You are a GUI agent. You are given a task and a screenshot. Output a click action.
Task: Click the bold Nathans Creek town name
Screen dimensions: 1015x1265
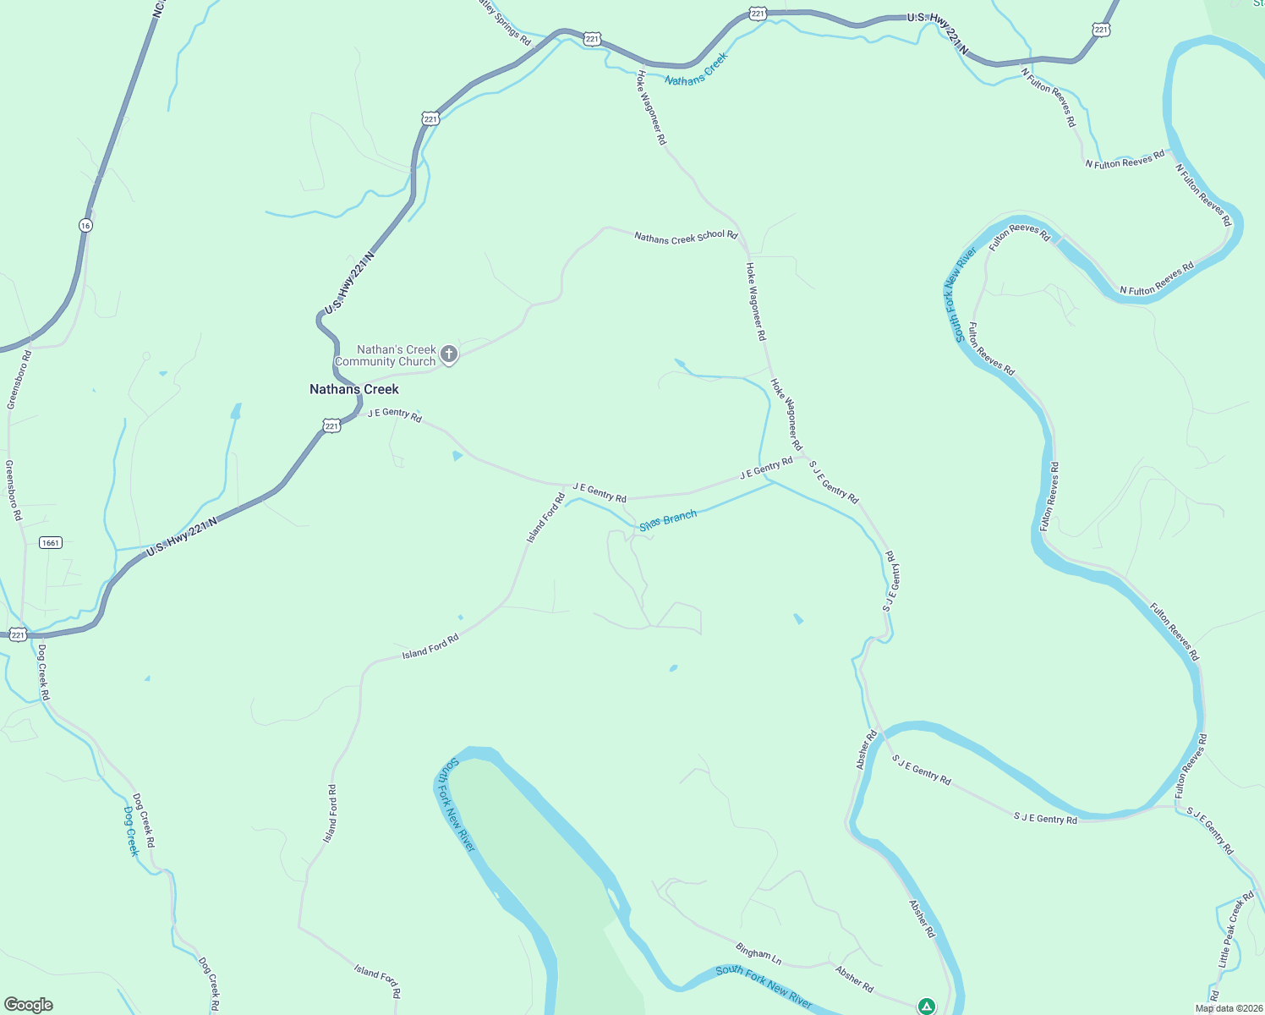[x=353, y=389]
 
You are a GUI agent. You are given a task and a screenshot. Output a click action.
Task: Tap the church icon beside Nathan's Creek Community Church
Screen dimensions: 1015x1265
[x=449, y=354]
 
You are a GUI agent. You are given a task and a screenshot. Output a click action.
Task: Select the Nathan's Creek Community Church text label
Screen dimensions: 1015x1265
[x=386, y=355]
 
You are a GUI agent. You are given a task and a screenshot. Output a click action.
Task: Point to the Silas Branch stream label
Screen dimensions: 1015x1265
[x=668, y=520]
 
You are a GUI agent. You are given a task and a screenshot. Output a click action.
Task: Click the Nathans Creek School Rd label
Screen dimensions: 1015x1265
[x=686, y=237]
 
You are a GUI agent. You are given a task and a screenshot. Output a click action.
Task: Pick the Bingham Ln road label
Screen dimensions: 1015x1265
[x=758, y=954]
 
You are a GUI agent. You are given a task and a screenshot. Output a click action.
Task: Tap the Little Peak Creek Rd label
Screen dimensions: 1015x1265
[x=1235, y=930]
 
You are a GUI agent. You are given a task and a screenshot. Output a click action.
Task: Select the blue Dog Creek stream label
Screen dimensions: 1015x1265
[x=131, y=831]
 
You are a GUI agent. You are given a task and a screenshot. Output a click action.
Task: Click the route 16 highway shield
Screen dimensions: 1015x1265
[x=85, y=225]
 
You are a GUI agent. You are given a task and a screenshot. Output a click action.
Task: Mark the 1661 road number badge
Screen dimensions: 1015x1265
[x=51, y=542]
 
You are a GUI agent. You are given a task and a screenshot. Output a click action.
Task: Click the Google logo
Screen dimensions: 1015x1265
[x=29, y=1005]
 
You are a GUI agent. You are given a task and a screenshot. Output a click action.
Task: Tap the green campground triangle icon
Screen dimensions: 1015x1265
[x=927, y=1006]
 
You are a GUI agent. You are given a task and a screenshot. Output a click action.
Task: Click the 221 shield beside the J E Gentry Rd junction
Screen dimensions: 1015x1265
[x=331, y=426]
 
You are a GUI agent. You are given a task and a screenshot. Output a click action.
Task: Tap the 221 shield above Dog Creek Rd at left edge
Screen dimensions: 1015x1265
[x=18, y=634]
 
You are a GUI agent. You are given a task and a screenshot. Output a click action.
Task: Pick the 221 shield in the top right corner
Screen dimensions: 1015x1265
[x=1100, y=30]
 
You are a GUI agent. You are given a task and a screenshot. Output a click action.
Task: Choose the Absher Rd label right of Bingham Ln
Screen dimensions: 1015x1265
[x=854, y=979]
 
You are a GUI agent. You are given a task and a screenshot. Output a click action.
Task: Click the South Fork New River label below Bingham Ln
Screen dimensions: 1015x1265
[x=764, y=986]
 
